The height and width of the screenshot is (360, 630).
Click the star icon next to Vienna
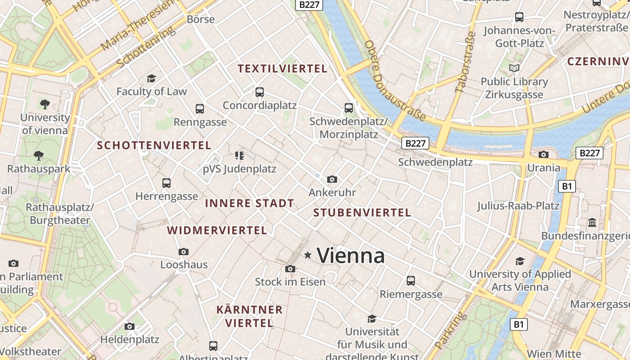[x=308, y=255]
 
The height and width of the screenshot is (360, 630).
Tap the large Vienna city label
[x=351, y=256]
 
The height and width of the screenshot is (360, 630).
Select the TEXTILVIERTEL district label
[x=282, y=69]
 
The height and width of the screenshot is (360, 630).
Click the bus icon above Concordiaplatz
[x=259, y=92]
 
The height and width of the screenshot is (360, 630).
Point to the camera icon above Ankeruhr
[x=332, y=180]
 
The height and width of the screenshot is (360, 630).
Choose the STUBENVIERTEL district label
[x=362, y=212]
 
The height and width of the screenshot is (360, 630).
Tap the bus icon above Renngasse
[x=200, y=109]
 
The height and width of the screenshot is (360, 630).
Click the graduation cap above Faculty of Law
[x=151, y=78]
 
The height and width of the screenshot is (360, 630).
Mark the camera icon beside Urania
[x=544, y=155]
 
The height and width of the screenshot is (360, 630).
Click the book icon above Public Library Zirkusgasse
[x=514, y=68]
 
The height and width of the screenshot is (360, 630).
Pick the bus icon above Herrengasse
[x=166, y=183]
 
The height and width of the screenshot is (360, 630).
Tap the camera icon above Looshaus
[x=183, y=252]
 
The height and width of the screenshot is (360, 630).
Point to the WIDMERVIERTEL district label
[x=217, y=230]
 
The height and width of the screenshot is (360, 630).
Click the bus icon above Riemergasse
[x=410, y=281]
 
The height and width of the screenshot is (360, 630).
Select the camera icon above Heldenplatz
[x=130, y=326]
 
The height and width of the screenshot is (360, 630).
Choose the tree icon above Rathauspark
[x=39, y=156]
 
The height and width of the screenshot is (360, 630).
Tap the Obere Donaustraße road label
[x=395, y=81]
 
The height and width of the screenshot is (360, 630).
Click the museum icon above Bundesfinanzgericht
[x=592, y=223]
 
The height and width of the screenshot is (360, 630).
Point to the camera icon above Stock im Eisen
[x=290, y=269]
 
